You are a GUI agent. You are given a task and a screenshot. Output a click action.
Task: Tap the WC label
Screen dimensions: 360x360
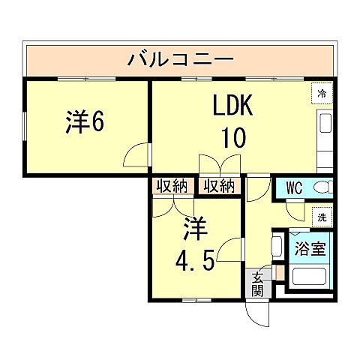(x=294, y=187)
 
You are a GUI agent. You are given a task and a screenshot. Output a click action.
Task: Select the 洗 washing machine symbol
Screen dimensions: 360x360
(x=322, y=216)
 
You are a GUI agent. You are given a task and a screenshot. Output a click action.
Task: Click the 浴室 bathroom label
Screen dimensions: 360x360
(x=310, y=248)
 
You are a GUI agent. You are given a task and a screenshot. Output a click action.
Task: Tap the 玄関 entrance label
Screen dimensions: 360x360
(x=256, y=283)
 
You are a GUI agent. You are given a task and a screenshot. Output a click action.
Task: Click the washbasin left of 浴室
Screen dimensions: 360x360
(x=276, y=247)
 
